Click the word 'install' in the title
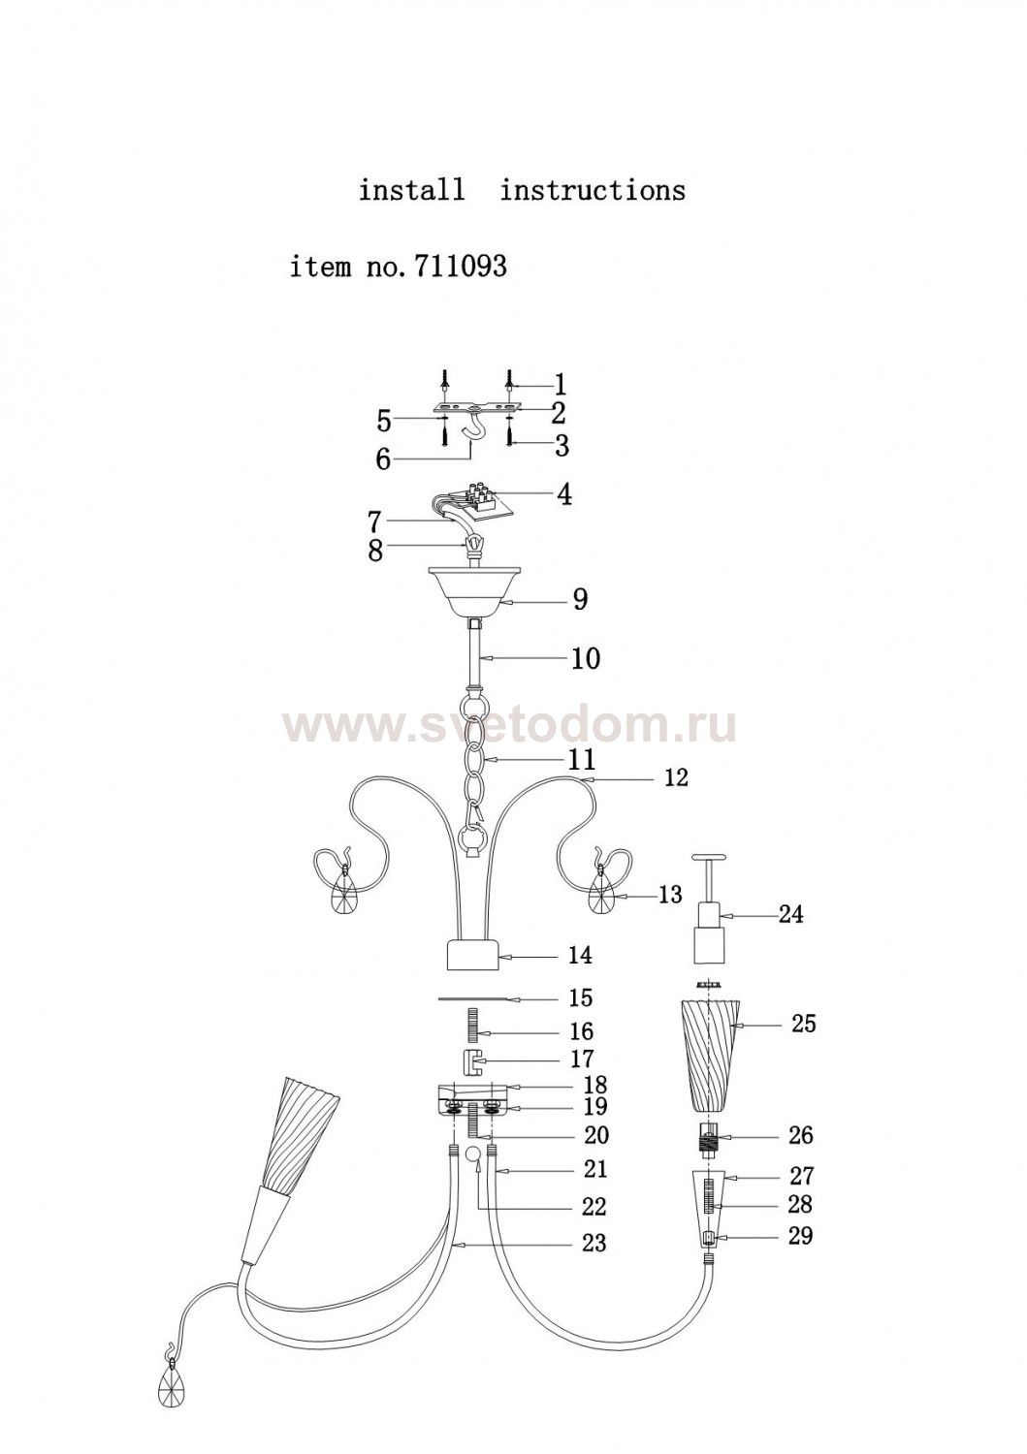[412, 190]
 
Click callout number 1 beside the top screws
[560, 384]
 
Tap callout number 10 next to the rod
[586, 658]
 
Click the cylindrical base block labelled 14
[474, 957]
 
